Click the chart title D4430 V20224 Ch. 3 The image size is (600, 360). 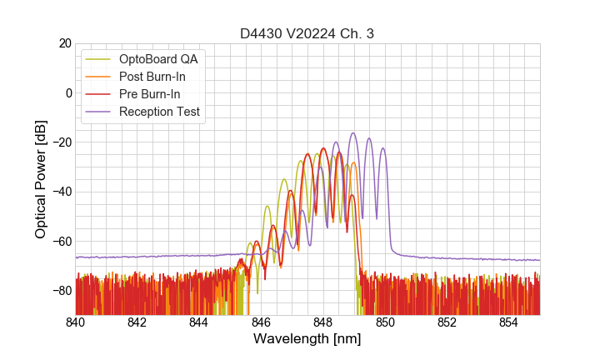[307, 33]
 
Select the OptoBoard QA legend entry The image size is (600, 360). [158, 59]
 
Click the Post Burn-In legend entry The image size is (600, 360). [152, 77]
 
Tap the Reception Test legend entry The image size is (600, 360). [159, 112]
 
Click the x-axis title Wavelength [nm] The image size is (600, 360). [307, 339]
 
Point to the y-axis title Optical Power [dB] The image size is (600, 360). [41, 178]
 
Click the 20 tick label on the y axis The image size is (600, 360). [64, 43]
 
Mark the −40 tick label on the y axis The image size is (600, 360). [61, 192]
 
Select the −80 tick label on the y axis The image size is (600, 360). [61, 291]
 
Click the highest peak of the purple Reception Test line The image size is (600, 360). [353, 133]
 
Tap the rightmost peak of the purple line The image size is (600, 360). [383, 148]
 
